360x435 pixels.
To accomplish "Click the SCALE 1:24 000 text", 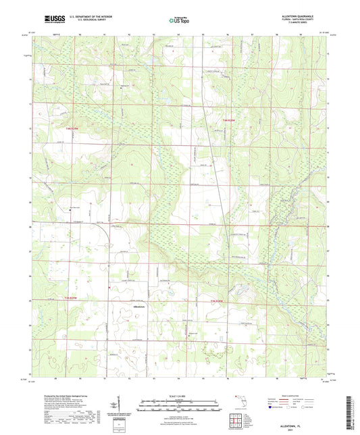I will click(x=180, y=396).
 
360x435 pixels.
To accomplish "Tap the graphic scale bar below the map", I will click(x=180, y=407).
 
